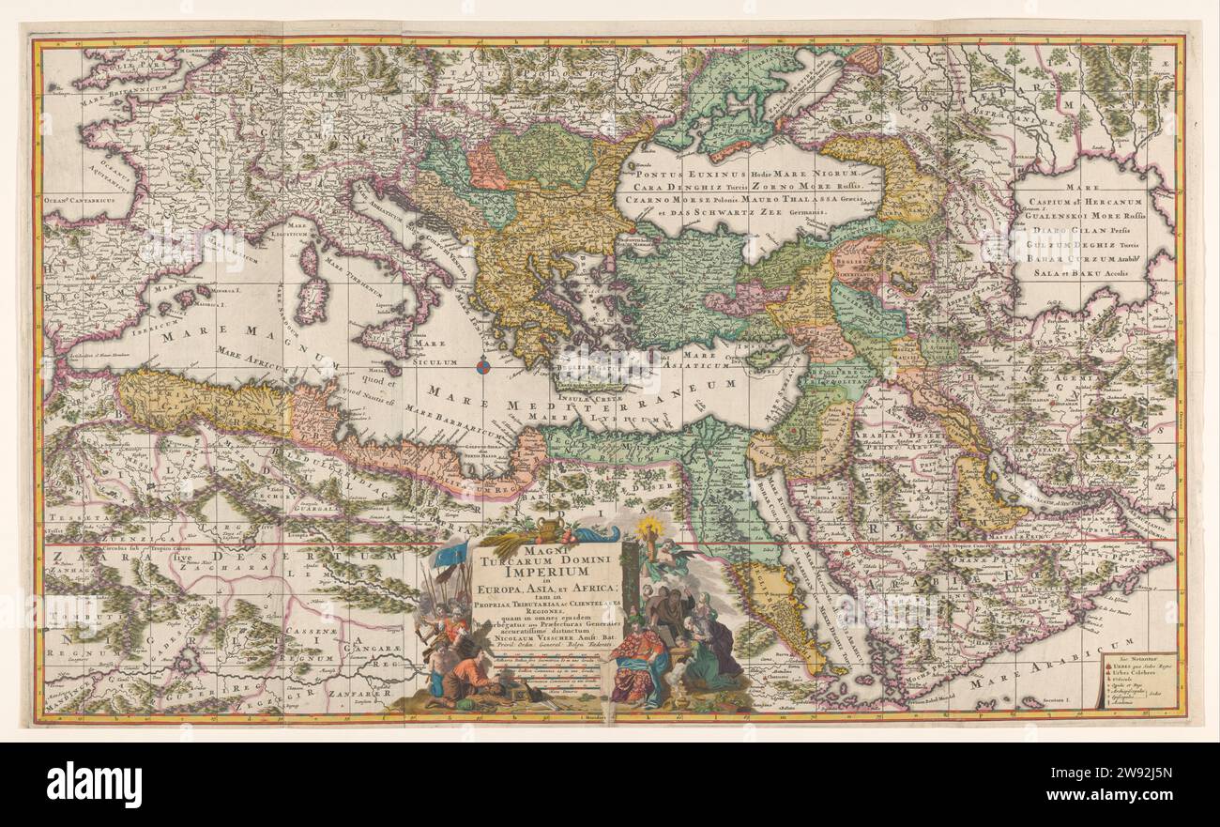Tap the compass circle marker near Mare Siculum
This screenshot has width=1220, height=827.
click(482, 367)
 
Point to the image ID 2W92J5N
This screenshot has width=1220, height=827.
click(1136, 778)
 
